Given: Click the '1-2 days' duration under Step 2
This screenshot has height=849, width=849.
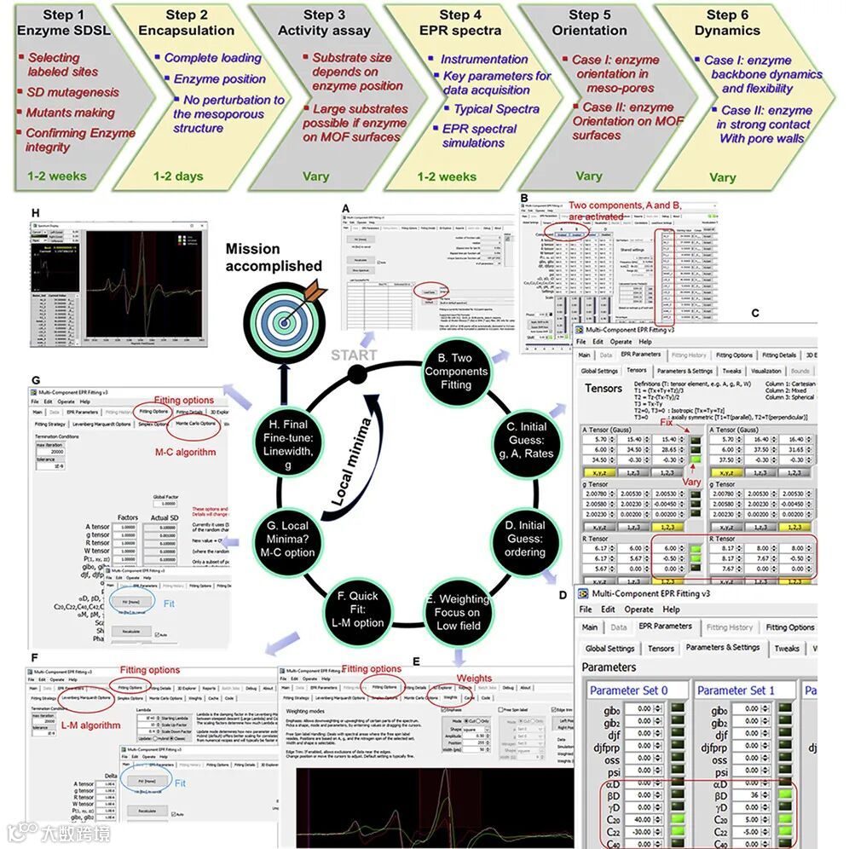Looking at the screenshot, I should tap(178, 176).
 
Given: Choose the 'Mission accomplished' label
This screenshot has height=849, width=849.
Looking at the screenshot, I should tap(274, 257).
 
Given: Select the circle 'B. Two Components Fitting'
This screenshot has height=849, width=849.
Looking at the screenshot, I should tap(456, 372).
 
